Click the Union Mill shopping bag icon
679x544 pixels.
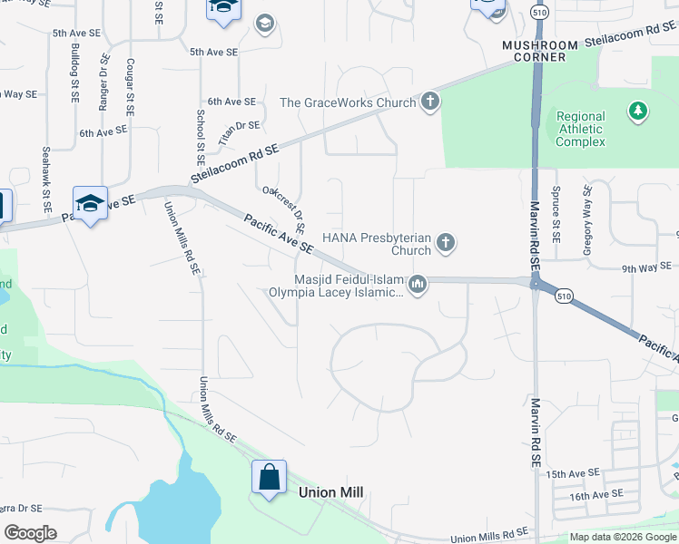270,477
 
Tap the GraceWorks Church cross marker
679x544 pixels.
429,102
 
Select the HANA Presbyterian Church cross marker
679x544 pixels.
445,242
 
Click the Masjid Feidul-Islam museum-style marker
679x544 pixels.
418,285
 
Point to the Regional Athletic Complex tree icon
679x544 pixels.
638,111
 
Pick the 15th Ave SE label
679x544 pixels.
574,473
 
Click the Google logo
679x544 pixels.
31,533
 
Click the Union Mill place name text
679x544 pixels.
331,491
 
